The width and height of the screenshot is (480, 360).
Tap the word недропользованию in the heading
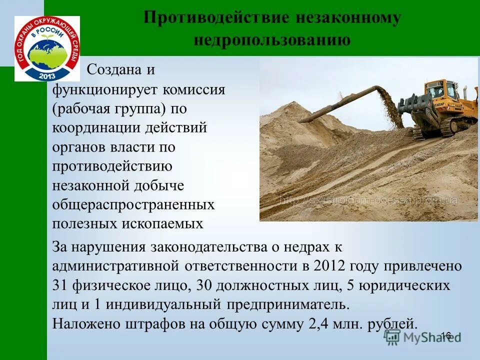point(272,40)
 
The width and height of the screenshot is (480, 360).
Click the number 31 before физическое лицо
point(61,285)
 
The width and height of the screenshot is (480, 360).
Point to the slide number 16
point(446,335)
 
